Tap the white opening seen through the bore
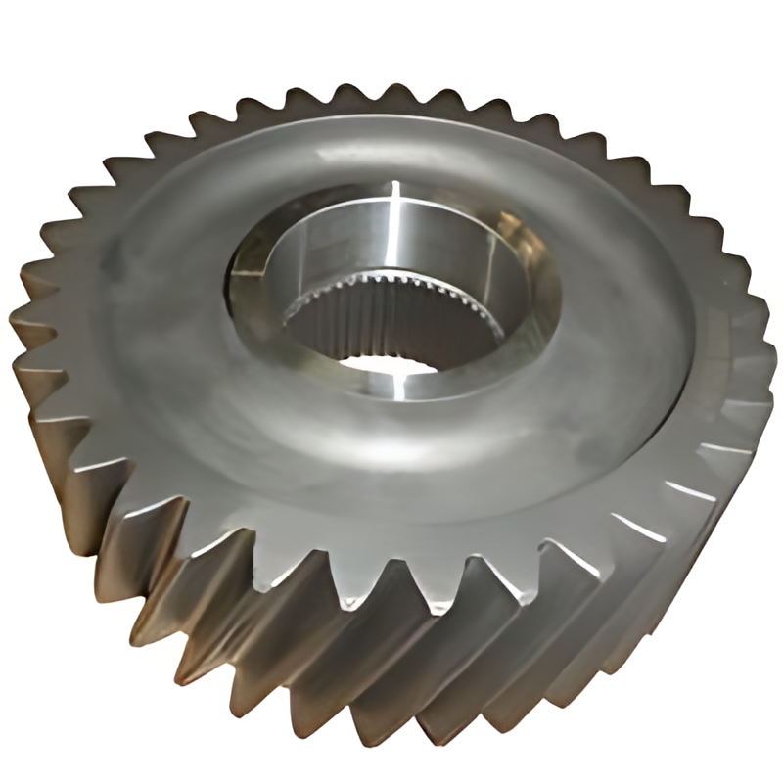(387, 364)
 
